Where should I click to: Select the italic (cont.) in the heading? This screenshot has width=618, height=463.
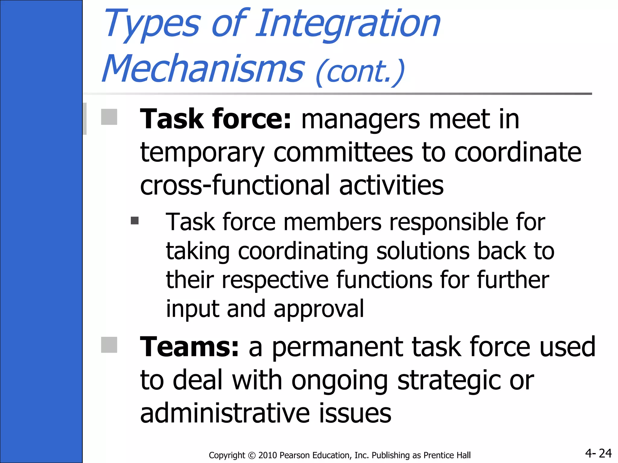pyautogui.click(x=360, y=72)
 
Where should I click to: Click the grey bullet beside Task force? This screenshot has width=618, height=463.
pyautogui.click(x=109, y=117)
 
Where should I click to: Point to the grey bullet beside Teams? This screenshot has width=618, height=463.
pyautogui.click(x=109, y=345)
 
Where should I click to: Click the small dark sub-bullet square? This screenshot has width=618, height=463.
pyautogui.click(x=135, y=221)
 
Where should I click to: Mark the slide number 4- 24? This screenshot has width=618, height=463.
pyautogui.click(x=598, y=453)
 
